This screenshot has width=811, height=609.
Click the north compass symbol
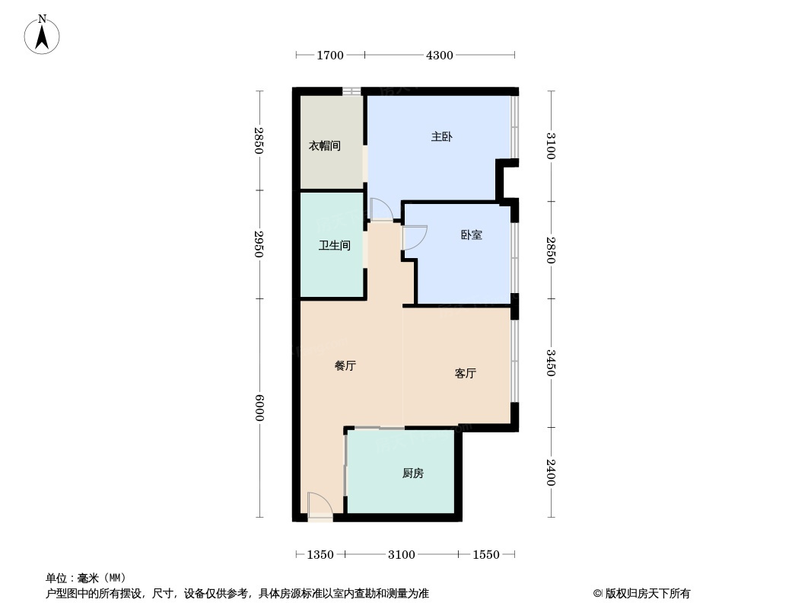pyautogui.click(x=43, y=35)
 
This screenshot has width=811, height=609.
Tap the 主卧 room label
pyautogui.click(x=442, y=137)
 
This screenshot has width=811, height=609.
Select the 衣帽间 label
pyautogui.click(x=324, y=145)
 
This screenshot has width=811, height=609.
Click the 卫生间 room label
pyautogui.click(x=334, y=245)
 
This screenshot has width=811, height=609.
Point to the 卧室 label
pyautogui.click(x=471, y=234)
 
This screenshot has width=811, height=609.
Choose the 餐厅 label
pyautogui.click(x=345, y=365)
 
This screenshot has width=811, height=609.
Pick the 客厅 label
pyautogui.click(x=465, y=373)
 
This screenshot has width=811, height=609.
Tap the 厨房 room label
pyautogui.click(x=412, y=473)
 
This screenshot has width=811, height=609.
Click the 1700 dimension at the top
pyautogui.click(x=330, y=55)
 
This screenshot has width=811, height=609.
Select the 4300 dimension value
pyautogui.click(x=439, y=55)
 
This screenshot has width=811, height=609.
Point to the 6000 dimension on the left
pyautogui.click(x=259, y=407)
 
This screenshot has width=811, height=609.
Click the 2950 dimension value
pyautogui.click(x=259, y=244)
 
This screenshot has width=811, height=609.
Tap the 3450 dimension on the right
pyautogui.click(x=550, y=362)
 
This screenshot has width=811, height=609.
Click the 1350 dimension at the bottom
pyautogui.click(x=320, y=554)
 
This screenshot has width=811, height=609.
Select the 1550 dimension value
pyautogui.click(x=486, y=554)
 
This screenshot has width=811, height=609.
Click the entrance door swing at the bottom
pyautogui.click(x=319, y=505)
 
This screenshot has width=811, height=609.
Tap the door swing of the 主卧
pyautogui.click(x=380, y=209)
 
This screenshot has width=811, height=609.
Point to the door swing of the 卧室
pyautogui.click(x=415, y=238)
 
